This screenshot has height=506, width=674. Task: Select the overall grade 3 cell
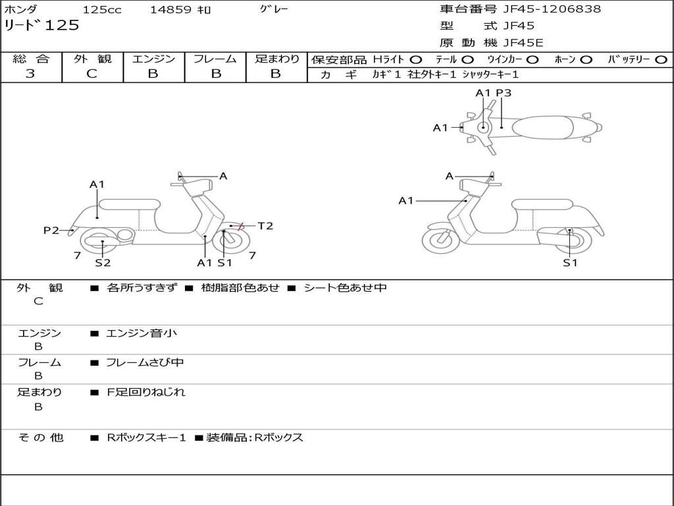click(30, 74)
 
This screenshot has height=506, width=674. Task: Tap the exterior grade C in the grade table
click(91, 74)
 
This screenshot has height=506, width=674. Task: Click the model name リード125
click(41, 26)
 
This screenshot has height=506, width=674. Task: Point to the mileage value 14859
click(170, 10)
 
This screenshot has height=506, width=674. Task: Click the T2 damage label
click(265, 226)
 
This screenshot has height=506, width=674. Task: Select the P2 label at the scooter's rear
click(51, 230)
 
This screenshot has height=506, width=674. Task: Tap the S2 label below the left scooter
click(103, 263)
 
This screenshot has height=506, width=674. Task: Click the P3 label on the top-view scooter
click(504, 93)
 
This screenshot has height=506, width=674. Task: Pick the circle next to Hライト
click(417, 60)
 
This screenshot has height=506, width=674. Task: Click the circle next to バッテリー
click(661, 60)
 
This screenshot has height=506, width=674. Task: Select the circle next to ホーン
click(586, 60)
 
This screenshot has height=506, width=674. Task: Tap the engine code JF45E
click(523, 43)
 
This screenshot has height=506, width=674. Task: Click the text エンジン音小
click(142, 333)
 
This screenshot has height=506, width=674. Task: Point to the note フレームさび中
click(145, 362)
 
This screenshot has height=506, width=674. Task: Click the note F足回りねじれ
click(146, 392)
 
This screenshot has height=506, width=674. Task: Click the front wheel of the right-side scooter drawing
click(440, 241)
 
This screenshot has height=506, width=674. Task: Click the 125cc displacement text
click(101, 10)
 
